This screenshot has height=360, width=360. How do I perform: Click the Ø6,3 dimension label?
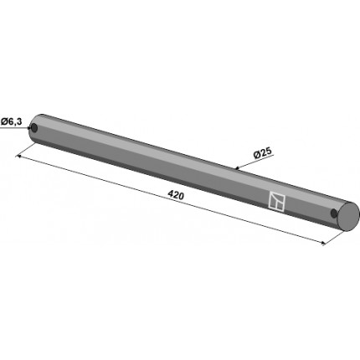12,121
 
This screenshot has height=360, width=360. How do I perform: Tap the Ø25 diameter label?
262,153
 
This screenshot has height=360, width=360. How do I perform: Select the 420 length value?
176,195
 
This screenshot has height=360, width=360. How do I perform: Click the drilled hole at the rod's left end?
34,128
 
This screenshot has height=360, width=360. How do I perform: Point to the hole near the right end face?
333,213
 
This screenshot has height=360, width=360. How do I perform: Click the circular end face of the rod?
348,217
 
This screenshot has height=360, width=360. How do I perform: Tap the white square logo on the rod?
277,201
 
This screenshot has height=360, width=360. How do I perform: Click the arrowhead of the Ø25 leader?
237,168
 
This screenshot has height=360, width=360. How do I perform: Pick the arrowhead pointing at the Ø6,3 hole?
29,128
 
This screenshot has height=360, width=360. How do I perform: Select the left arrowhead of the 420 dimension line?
19,157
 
